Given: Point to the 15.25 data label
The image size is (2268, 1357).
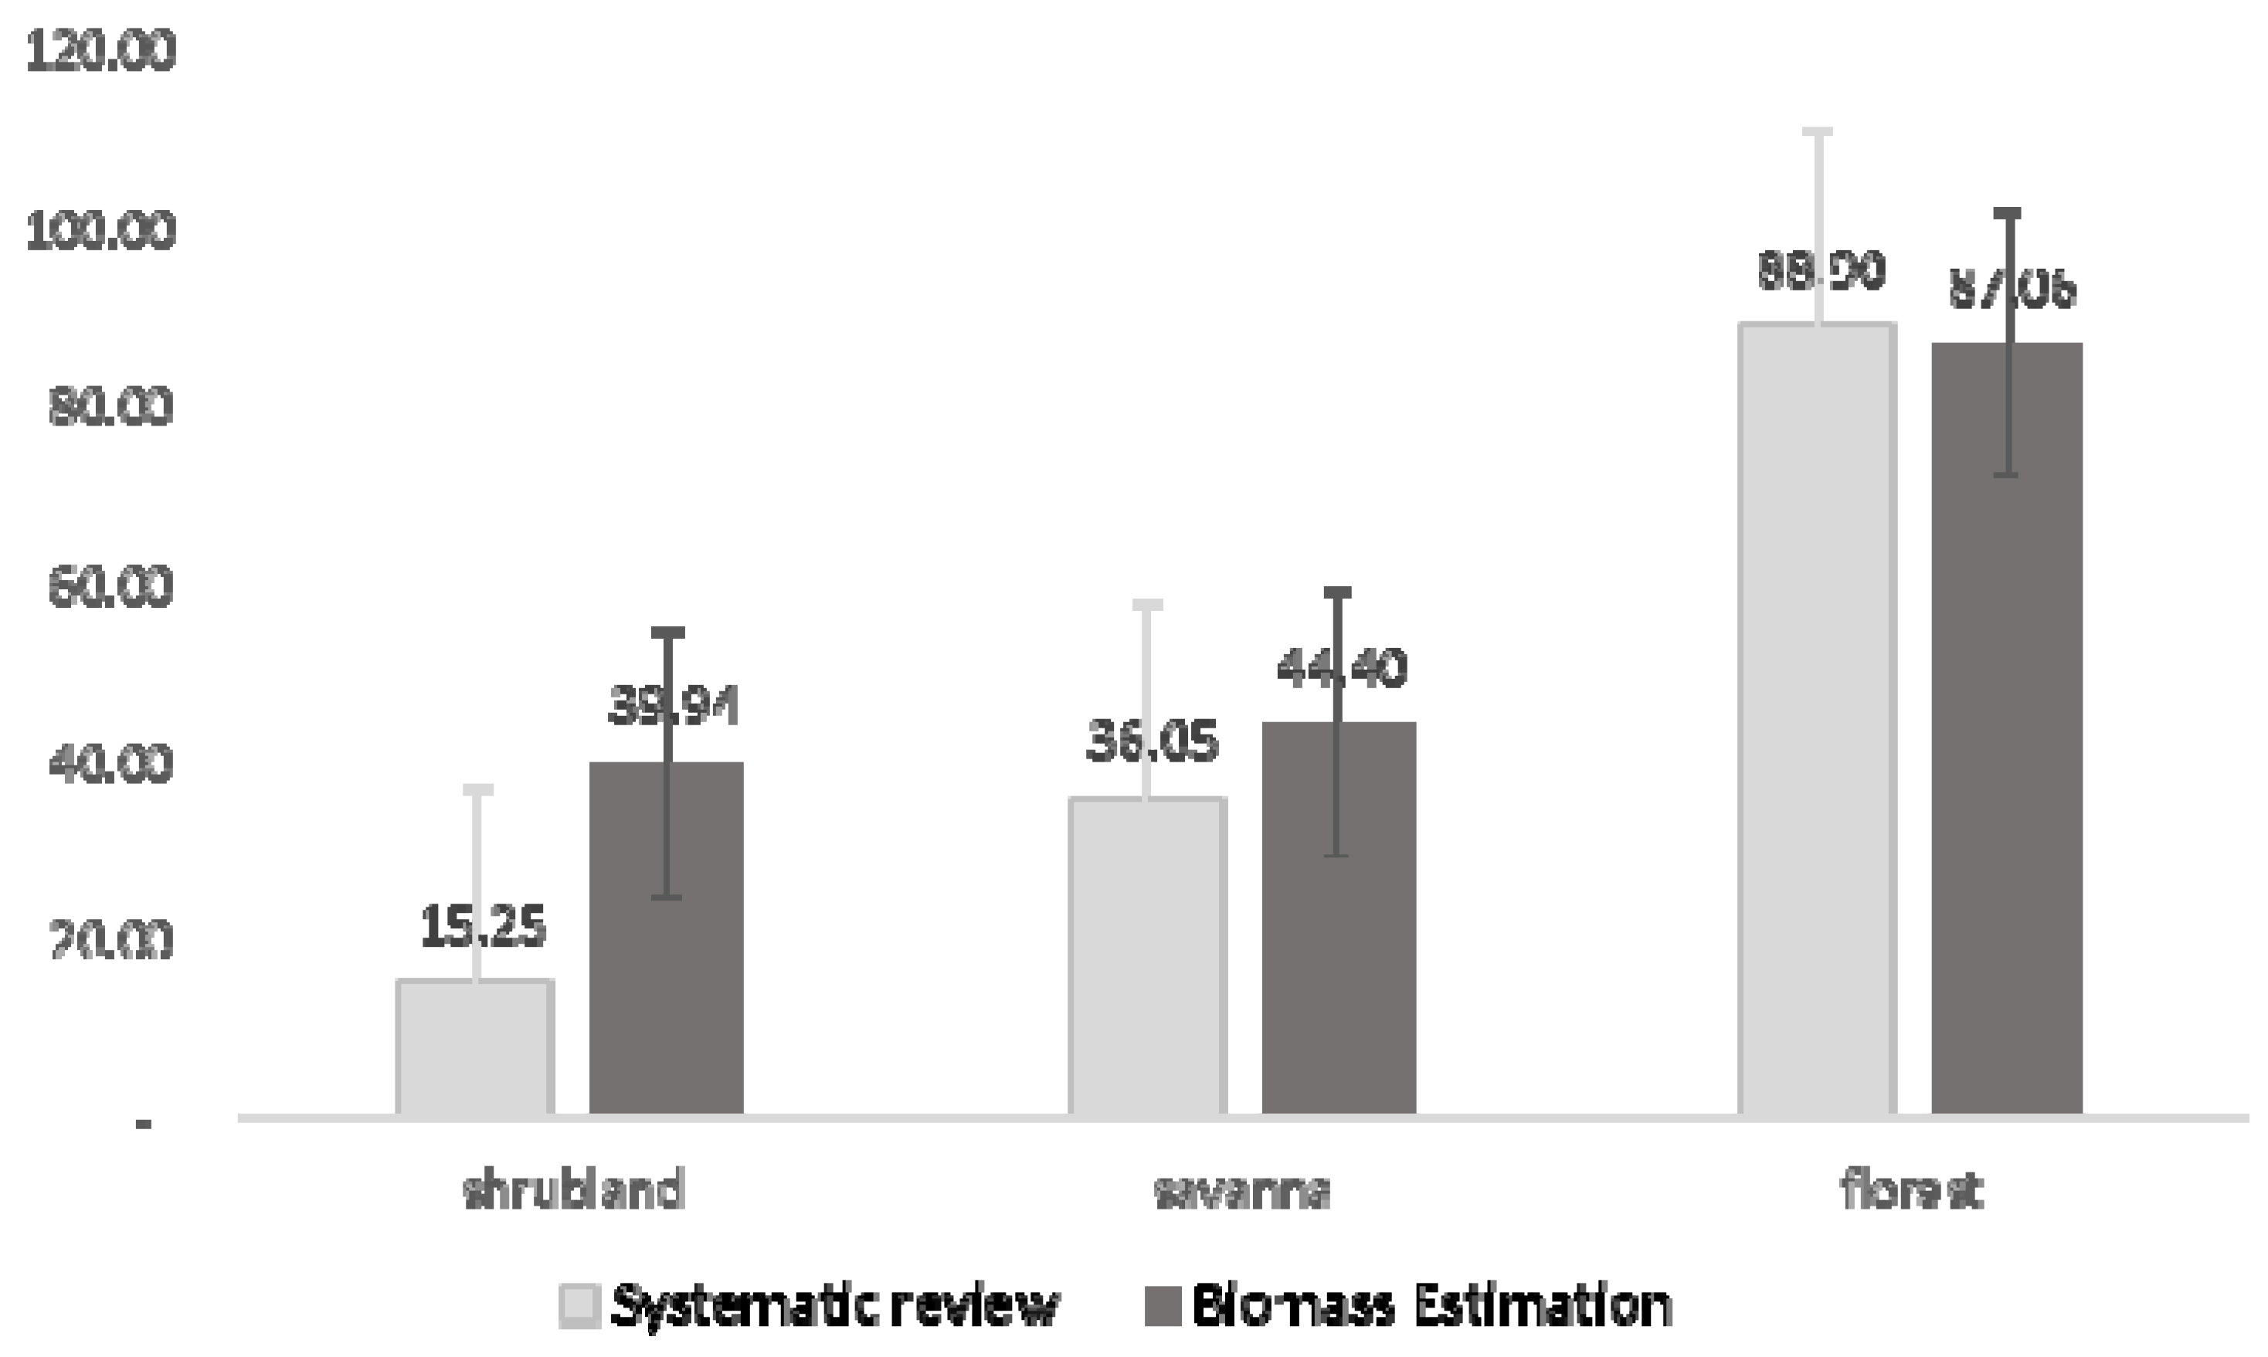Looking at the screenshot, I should pyautogui.click(x=483, y=926).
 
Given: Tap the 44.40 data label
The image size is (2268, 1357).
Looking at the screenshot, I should pyautogui.click(x=1341, y=668).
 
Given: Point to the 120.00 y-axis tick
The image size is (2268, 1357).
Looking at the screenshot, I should pyautogui.click(x=100, y=51).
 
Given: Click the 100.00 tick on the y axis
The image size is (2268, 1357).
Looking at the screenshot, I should pyautogui.click(x=100, y=230).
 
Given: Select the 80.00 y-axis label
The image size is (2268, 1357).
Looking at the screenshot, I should pyautogui.click(x=110, y=408).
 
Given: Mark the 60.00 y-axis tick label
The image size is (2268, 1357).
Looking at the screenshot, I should pyautogui.click(x=110, y=587).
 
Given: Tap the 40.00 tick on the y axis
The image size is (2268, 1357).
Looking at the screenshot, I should pyautogui.click(x=110, y=765).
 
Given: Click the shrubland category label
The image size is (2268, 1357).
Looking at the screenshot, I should pyautogui.click(x=574, y=1192).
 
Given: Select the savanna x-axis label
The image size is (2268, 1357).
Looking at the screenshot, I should pyautogui.click(x=1242, y=1192).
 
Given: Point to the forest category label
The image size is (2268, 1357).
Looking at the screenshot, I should pyautogui.click(x=1911, y=1192).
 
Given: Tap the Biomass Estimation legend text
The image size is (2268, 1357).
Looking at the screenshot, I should pyautogui.click(x=1432, y=1306).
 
